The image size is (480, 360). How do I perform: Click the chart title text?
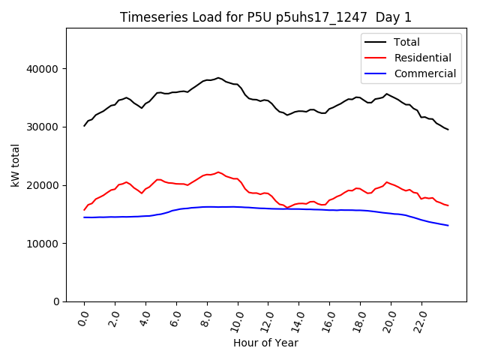(265, 17)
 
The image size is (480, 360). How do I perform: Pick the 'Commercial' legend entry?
(424, 73)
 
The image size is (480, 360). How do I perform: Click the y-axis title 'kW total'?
(16, 165)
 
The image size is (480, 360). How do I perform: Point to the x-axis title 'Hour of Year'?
(265, 343)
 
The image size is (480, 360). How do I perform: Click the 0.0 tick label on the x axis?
(82, 318)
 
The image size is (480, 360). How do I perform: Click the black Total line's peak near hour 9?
(218, 77)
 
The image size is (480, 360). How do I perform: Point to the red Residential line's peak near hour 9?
(218, 172)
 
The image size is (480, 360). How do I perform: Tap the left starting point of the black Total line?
(84, 126)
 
